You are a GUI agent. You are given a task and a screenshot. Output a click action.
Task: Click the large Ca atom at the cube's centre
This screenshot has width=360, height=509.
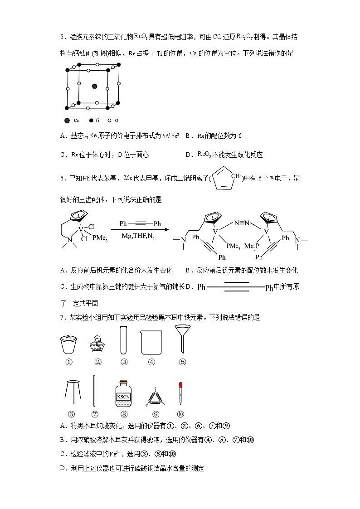(x=94, y=86)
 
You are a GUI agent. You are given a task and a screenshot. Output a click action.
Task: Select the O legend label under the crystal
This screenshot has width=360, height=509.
(x=117, y=121)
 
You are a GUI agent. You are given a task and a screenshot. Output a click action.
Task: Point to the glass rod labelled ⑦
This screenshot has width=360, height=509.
(x=94, y=390)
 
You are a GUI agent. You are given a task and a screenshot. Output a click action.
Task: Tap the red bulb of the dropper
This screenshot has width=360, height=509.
(x=180, y=385)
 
